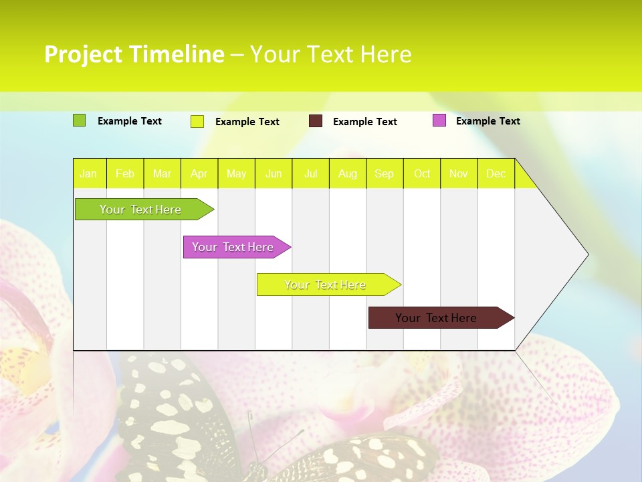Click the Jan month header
[88, 174]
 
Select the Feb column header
[125, 174]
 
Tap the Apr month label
[199, 174]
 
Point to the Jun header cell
[274, 174]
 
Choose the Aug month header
[348, 174]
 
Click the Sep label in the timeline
[385, 174]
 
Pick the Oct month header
[422, 174]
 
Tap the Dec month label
[496, 174]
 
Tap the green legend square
[79, 120]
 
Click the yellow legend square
[197, 121]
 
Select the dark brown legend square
[316, 121]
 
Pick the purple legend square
[439, 120]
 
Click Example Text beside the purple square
[488, 121]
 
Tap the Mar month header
[162, 174]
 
